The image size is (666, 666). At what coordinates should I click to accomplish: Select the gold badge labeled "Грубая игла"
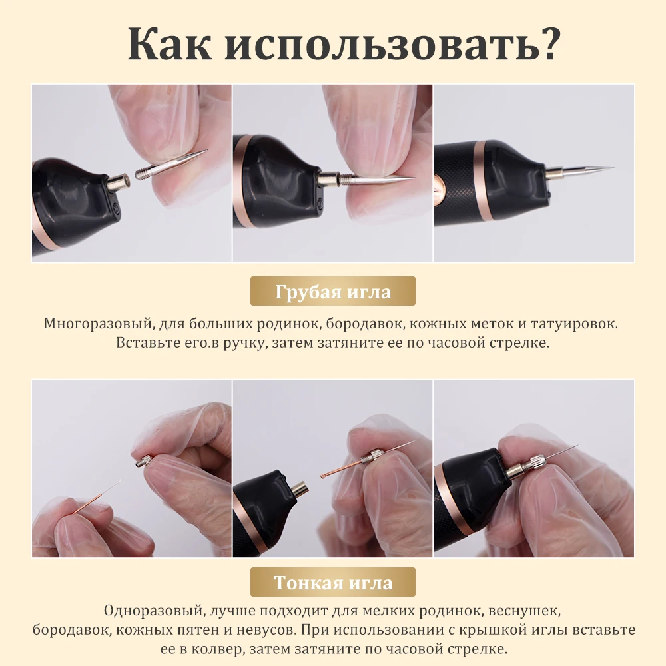pos(333,292)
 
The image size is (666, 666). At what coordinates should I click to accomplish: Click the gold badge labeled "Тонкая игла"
pos(333,583)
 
